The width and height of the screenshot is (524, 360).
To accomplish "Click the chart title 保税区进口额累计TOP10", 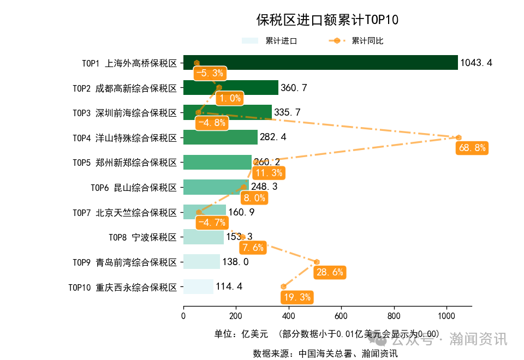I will point(327,21).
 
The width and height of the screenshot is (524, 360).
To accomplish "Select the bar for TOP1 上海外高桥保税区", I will point(320,63).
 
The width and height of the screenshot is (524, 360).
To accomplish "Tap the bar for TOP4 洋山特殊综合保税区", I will point(220,137).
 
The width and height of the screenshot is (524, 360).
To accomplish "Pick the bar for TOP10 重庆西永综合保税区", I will point(198,286).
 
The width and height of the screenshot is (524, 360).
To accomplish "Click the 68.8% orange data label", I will point(472,148).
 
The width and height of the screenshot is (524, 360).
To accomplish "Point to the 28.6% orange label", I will point(330,272).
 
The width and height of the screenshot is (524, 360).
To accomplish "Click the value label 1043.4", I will point(476,63).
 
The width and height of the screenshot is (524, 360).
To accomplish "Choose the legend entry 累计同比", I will point(367,41).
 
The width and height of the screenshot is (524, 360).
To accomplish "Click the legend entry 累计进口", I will point(281,41).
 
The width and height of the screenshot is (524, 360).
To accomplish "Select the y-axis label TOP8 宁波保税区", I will point(142,237).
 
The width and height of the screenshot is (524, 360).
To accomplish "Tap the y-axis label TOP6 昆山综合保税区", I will point(134,188).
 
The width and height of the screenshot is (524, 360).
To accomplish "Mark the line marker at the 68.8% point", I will point(458,137).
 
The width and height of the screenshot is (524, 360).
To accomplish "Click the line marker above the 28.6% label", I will point(317,262).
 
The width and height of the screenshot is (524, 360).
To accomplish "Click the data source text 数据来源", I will point(325,353).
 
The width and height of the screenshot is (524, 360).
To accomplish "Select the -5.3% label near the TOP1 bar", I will point(210,73).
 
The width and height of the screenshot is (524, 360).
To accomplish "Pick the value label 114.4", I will point(229,287).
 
